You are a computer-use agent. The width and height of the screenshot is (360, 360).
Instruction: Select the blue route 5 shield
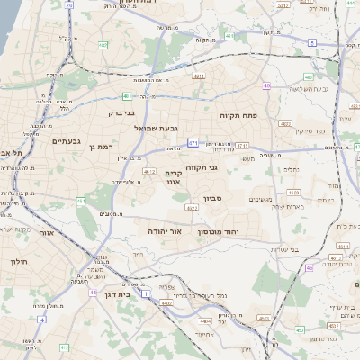[310, 42]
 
